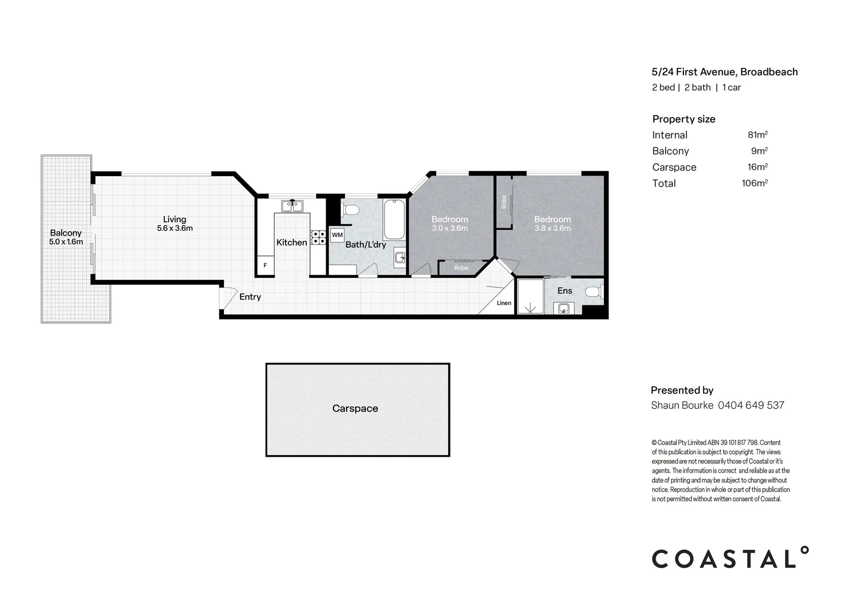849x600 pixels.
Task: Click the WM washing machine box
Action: [x=337, y=235]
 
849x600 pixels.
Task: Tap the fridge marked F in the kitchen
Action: [x=265, y=266]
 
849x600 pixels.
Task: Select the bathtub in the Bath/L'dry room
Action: [x=394, y=219]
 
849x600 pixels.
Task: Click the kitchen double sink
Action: [x=292, y=206]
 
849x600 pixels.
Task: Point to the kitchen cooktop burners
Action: [x=318, y=238]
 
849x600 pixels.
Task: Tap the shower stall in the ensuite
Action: [x=530, y=297]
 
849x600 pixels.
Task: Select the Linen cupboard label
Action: [x=503, y=303]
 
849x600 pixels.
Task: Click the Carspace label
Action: [x=355, y=408]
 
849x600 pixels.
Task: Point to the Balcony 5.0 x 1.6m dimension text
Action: [x=66, y=242]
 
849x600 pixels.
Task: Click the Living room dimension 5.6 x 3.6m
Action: [x=174, y=228]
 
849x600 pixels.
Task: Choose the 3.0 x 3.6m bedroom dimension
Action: [x=450, y=228]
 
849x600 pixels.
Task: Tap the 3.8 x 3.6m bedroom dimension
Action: [x=552, y=228]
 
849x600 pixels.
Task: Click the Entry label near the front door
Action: [x=250, y=297]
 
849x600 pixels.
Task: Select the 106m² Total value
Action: [x=755, y=183]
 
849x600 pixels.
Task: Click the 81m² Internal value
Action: [x=757, y=135]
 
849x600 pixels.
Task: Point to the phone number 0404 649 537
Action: [x=751, y=406]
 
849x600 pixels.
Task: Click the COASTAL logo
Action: [x=730, y=558]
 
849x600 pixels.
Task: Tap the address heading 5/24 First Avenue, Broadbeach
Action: [x=725, y=72]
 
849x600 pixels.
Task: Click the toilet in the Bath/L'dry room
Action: [x=350, y=210]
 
